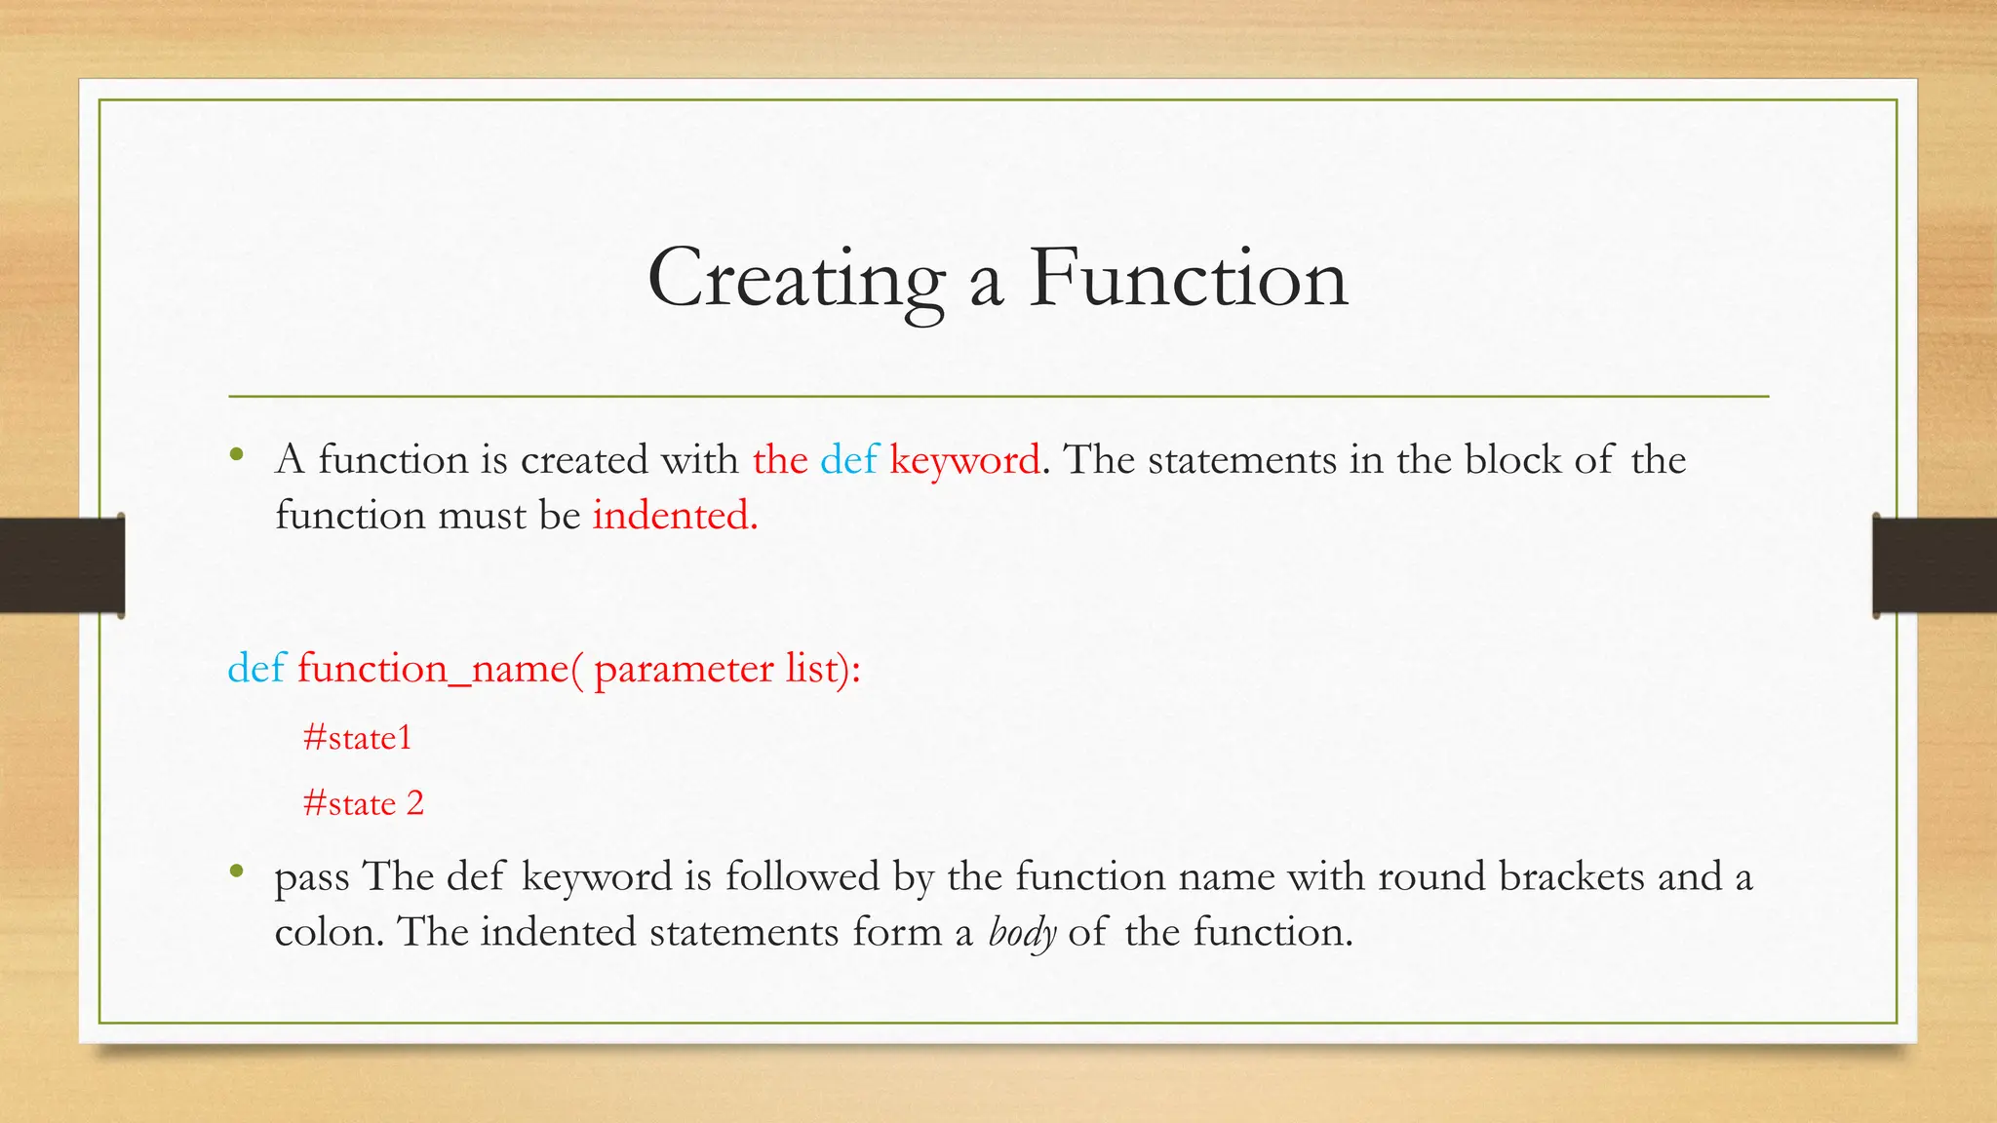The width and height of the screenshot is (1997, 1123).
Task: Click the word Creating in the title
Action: [796, 279]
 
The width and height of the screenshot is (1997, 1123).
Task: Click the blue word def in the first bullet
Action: [848, 459]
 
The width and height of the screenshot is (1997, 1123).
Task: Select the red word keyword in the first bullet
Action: [964, 459]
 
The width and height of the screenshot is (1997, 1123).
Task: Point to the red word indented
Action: [674, 515]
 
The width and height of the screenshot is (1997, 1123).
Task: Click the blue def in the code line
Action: [255, 669]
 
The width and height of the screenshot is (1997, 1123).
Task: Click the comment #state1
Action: [357, 737]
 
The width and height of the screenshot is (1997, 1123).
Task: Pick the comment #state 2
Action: [363, 803]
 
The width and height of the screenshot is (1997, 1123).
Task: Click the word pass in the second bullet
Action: [311, 877]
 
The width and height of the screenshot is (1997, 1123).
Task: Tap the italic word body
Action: [1022, 933]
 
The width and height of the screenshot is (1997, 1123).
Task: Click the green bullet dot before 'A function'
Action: [236, 454]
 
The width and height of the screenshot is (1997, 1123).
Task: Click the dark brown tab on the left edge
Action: [60, 565]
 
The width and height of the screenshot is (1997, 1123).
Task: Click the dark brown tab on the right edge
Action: [1935, 565]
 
